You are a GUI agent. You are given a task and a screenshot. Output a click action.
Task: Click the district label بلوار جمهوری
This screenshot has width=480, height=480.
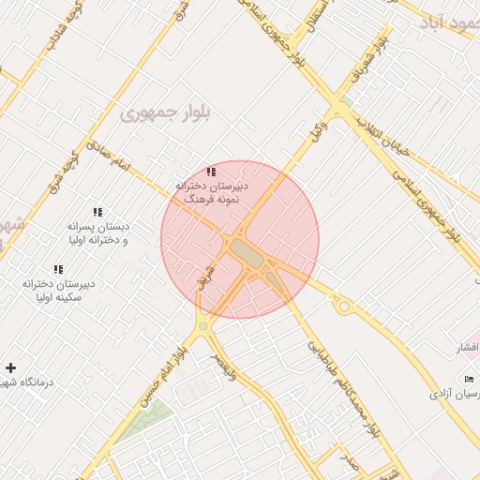tap(156, 112)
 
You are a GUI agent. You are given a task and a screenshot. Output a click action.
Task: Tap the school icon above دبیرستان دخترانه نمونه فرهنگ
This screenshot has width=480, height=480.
tap(211, 172)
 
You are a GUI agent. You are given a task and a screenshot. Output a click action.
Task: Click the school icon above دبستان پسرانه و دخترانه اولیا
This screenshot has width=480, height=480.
tap(98, 213)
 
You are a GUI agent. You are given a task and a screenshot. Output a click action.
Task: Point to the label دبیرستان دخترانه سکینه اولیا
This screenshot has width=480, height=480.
tap(61, 290)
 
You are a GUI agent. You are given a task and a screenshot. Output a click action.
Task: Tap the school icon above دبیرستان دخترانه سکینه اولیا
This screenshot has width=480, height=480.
tap(59, 270)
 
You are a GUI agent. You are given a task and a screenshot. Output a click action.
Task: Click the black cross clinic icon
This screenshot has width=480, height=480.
tap(10, 367)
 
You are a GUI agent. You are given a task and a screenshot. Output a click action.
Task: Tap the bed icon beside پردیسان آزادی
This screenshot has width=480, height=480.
tap(470, 379)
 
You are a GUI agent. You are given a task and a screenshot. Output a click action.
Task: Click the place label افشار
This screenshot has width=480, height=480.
tap(467, 349)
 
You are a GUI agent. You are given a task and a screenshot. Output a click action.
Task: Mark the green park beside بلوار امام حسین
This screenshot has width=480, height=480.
tap(144, 417)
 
